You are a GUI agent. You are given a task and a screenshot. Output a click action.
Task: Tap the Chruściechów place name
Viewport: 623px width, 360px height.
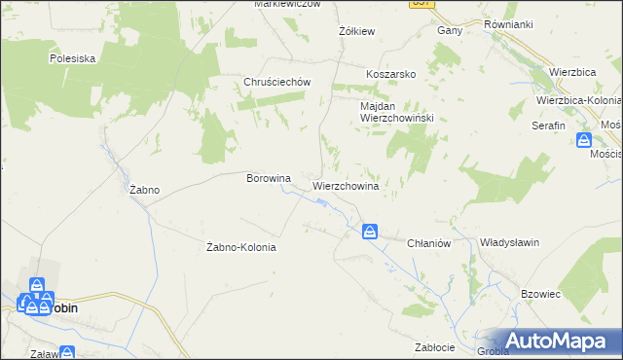click(x=276, y=82)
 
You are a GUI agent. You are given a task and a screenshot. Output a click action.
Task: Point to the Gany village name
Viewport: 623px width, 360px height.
click(x=449, y=30)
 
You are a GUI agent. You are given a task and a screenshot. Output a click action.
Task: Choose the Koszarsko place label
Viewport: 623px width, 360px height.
click(x=391, y=74)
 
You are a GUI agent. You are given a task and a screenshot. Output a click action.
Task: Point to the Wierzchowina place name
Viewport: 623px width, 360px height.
click(x=345, y=184)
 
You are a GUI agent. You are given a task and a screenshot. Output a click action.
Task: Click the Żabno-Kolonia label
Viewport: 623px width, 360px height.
click(x=242, y=247)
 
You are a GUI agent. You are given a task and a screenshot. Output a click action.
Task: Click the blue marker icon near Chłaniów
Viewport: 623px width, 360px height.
click(x=370, y=232)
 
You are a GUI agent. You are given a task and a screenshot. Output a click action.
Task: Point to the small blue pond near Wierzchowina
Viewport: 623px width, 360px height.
click(x=320, y=202)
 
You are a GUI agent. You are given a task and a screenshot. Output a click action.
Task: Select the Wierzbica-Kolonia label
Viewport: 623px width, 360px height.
click(x=578, y=100)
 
